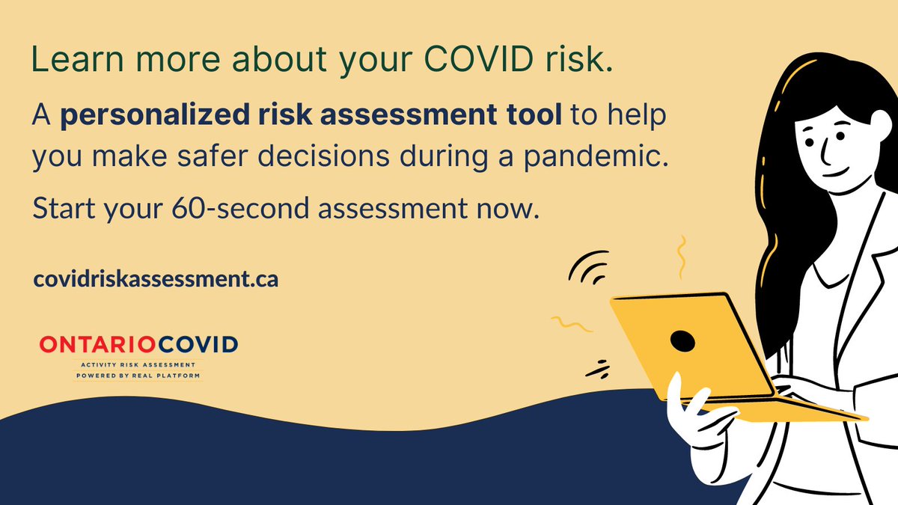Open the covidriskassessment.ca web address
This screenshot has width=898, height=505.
tap(156, 279)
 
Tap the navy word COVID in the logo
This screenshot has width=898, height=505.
tap(196, 344)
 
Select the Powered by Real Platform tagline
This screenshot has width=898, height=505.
tap(138, 375)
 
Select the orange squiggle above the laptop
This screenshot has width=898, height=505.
tap(681, 256)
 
